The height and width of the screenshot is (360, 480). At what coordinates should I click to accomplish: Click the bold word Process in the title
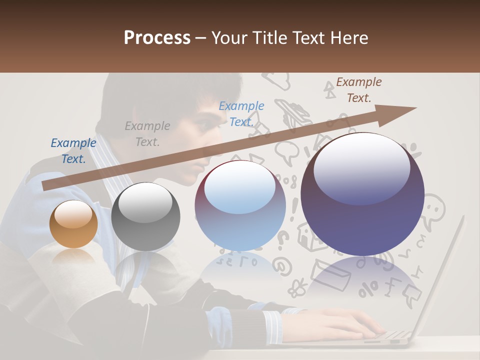pyautogui.click(x=157, y=38)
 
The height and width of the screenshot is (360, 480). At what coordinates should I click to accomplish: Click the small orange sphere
pyautogui.click(x=73, y=224)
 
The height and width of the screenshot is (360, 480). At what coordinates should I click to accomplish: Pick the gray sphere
pyautogui.click(x=145, y=216)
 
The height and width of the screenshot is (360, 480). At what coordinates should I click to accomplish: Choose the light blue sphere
pyautogui.click(x=240, y=205)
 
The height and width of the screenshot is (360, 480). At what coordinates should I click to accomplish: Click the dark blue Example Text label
pyautogui.click(x=73, y=151)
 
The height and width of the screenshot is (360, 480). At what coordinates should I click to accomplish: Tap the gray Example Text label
pyautogui.click(x=147, y=134)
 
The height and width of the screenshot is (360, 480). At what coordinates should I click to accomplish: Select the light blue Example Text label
pyautogui.click(x=241, y=113)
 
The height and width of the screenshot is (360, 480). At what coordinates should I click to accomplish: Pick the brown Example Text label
pyautogui.click(x=358, y=90)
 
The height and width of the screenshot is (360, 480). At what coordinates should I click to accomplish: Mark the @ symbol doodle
pyautogui.click(x=283, y=266)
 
